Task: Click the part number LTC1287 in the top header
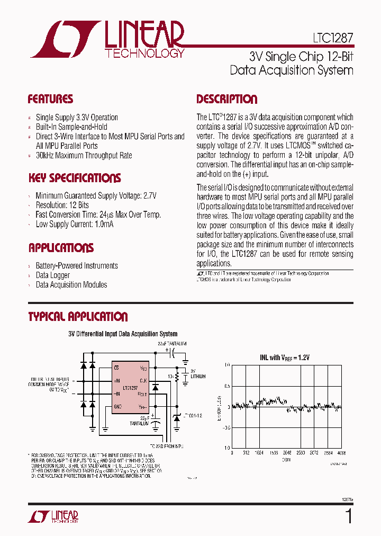(329, 39)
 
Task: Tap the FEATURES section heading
(50, 99)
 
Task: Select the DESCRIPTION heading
(227, 99)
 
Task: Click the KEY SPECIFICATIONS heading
(74, 178)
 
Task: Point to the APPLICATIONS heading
(61, 248)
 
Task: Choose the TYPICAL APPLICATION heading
(78, 317)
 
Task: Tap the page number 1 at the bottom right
(348, 515)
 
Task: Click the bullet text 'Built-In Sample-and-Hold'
(71, 127)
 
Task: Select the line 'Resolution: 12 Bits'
(62, 205)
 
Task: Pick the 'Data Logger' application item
(52, 275)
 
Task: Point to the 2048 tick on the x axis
(286, 453)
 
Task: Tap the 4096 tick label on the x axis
(341, 453)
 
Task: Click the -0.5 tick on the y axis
(226, 428)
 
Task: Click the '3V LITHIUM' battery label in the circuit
(197, 374)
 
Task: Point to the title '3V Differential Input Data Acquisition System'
(123, 334)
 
